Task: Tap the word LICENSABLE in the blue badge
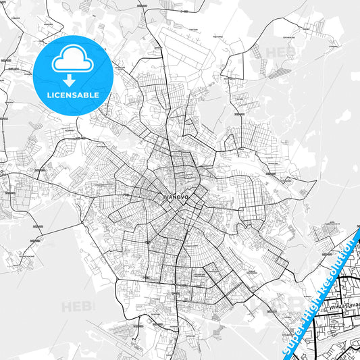[x=73, y=95]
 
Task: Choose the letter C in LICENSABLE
[x=55, y=95]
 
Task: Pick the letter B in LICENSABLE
[x=88, y=95]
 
